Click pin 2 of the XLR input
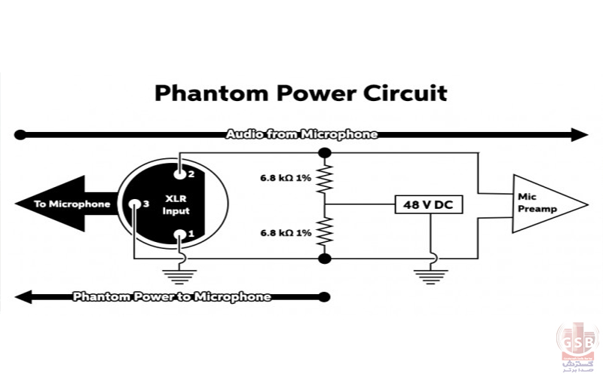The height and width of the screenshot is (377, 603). coord(179,173)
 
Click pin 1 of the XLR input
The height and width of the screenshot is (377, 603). coord(179,234)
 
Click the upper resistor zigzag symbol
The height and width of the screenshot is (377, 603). coord(325,179)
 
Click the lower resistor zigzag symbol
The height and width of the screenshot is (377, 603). coord(325,231)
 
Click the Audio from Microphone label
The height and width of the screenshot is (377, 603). coord(301,135)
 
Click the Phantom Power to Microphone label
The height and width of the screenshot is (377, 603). coord(172,296)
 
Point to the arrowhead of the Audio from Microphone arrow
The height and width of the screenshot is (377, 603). coord(580,135)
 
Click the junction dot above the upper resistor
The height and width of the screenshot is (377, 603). coord(325,152)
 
